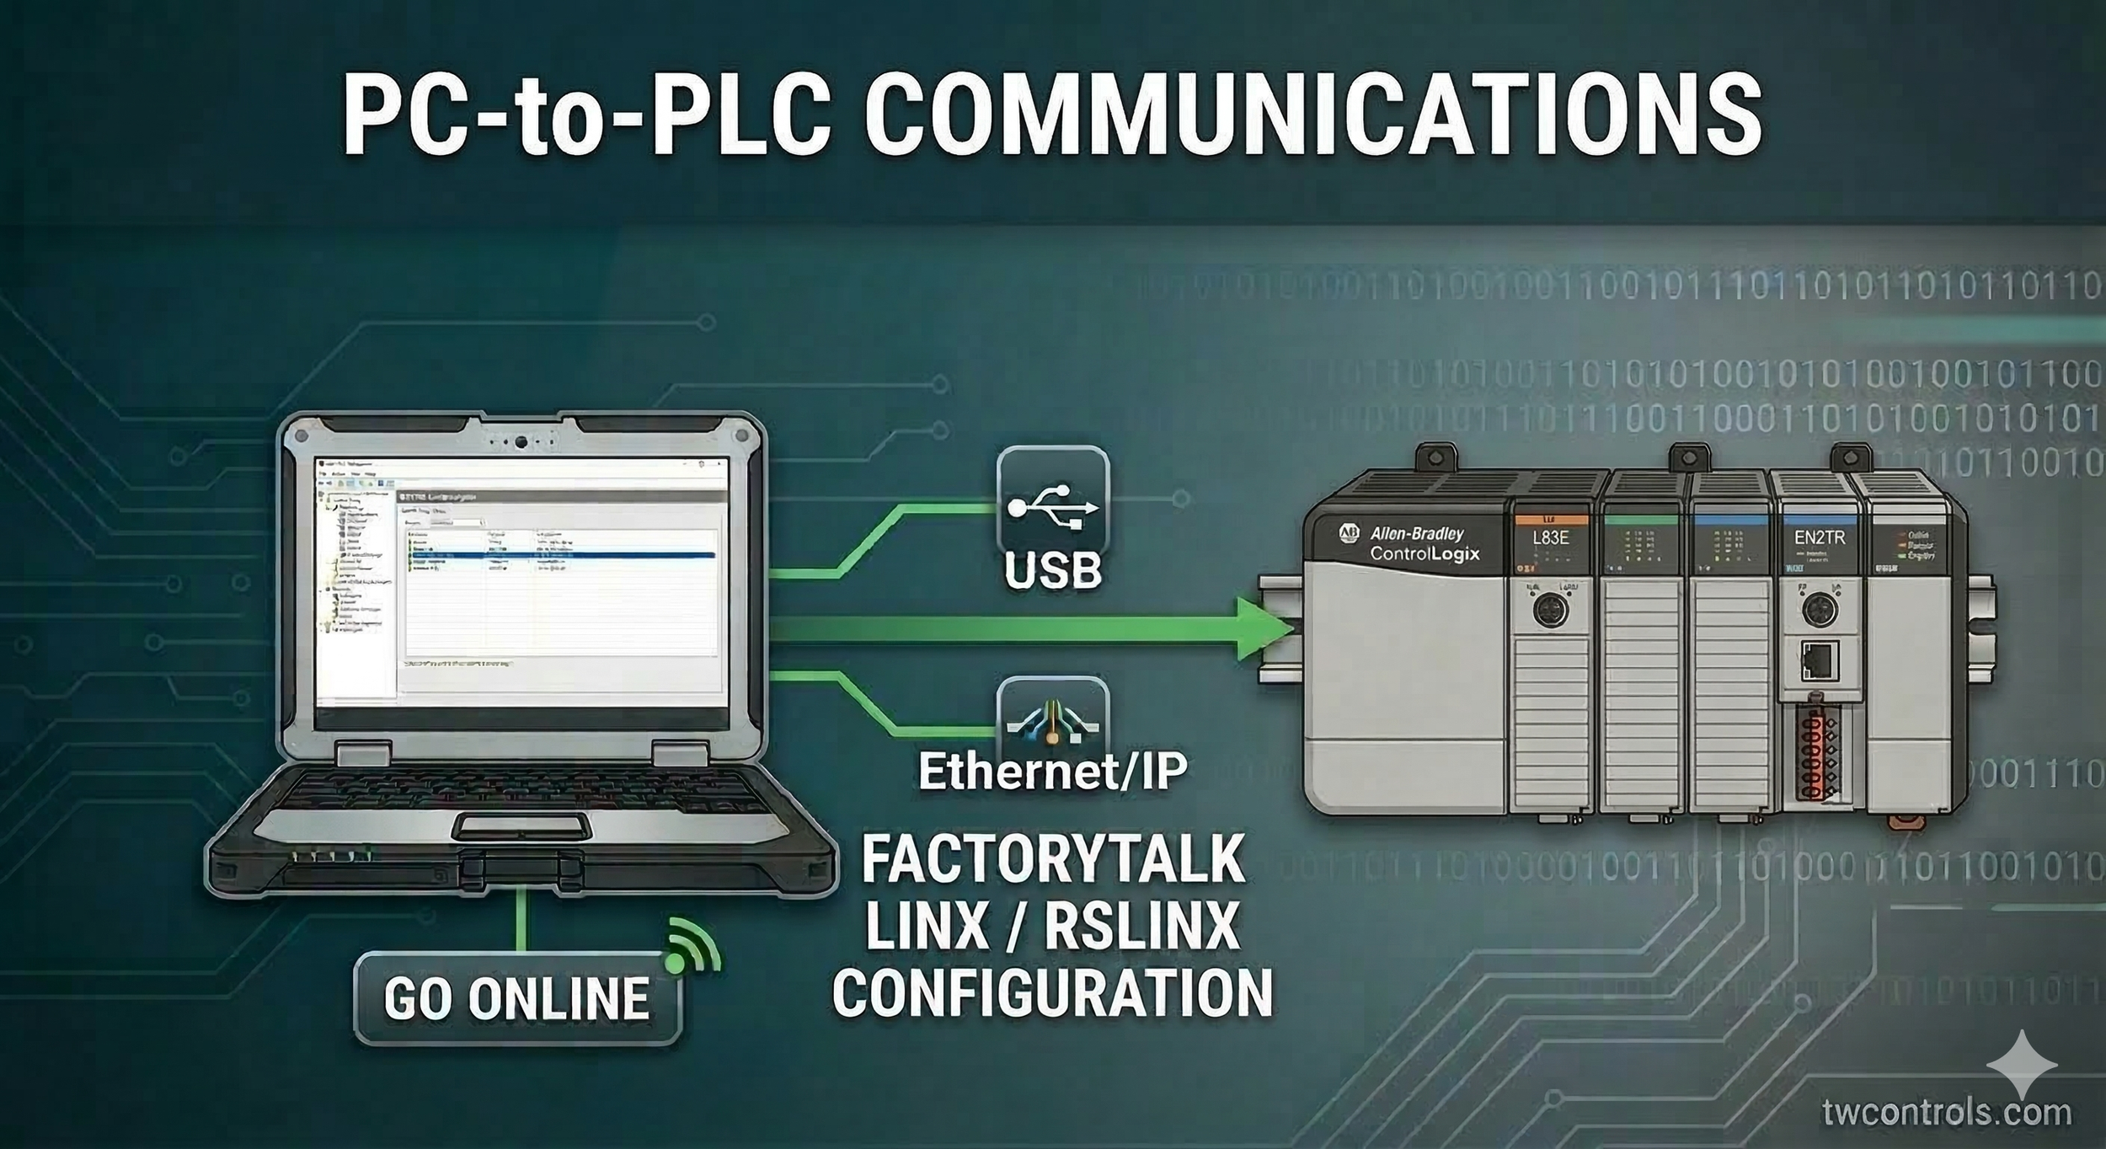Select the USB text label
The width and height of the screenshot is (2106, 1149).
pyautogui.click(x=1053, y=570)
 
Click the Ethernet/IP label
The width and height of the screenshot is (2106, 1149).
pyautogui.click(x=1053, y=771)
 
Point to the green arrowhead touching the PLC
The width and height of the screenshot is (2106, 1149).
pyautogui.click(x=1264, y=628)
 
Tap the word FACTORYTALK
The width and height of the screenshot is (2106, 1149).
pyautogui.click(x=1053, y=860)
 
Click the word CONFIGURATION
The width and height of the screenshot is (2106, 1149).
pyautogui.click(x=1053, y=993)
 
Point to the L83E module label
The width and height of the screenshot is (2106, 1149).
pyautogui.click(x=1550, y=537)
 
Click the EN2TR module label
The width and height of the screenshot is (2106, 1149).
pyautogui.click(x=1819, y=537)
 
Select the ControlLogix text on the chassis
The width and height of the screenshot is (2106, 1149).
pyautogui.click(x=1424, y=554)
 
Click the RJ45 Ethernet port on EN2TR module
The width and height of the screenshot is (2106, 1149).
pyautogui.click(x=1818, y=660)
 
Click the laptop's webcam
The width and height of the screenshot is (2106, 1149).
pyautogui.click(x=522, y=441)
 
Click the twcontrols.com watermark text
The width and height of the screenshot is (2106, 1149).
pyautogui.click(x=1946, y=1112)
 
